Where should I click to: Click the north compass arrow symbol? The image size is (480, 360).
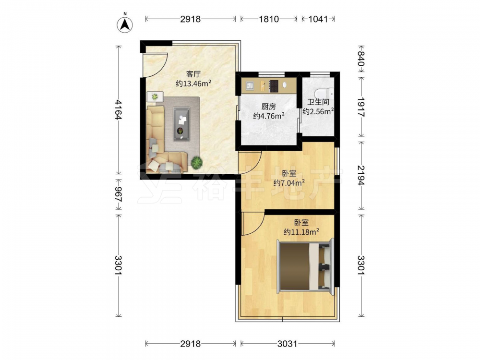coord(125,24)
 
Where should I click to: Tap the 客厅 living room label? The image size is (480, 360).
coord(193,74)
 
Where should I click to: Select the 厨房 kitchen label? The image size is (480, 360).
coord(268,107)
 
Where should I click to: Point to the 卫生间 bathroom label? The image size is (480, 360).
coord(318,102)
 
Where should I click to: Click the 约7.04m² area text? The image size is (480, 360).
coord(288,183)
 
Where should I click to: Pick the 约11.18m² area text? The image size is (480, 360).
coord(301,232)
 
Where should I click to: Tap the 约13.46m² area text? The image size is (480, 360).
coord(193,83)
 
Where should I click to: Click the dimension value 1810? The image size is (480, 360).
coord(269,19)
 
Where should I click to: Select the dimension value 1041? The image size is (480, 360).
coord(318,19)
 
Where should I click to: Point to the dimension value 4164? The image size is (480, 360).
coord(119,109)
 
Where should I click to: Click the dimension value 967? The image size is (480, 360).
coord(119,194)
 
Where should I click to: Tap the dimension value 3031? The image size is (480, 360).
coord(287,344)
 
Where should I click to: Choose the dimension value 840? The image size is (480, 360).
coord(361,59)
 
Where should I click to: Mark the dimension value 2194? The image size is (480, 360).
coord(361,175)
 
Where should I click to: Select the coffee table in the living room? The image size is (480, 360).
coord(181,124)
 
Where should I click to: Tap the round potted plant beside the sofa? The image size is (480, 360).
coord(196,162)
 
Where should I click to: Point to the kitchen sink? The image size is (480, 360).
coord(249,86)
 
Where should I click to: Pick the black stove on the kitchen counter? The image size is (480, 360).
coord(274,86)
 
